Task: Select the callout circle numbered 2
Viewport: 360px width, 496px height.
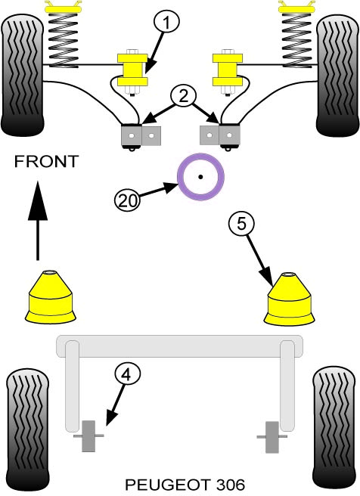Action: [182, 96]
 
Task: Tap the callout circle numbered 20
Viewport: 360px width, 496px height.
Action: [126, 200]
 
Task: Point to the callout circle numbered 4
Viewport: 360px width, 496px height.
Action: [127, 374]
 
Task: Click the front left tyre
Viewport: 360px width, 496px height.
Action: [23, 73]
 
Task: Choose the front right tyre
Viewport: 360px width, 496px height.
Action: [337, 73]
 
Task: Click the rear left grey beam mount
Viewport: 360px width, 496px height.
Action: [89, 436]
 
